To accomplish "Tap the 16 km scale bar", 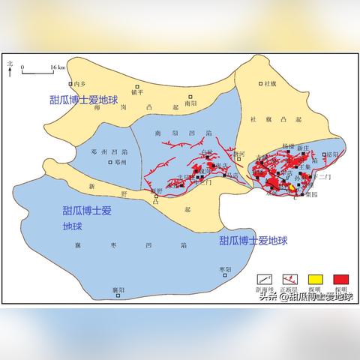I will coord(37,70).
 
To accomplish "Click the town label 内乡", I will coord(77,85).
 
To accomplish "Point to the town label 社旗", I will coord(271,83).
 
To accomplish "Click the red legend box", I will coord(340,279).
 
